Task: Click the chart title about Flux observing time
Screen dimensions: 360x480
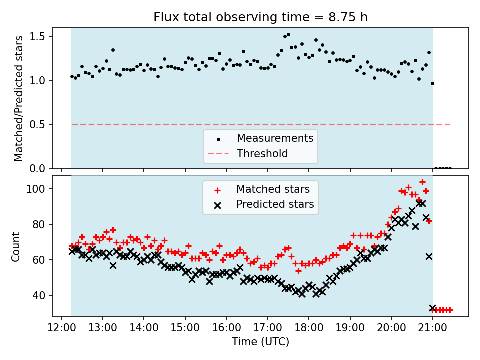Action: pyautogui.click(x=260, y=18)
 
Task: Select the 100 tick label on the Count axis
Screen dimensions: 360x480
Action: pyautogui.click(x=39, y=189)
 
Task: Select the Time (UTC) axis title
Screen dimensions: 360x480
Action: pyautogui.click(x=260, y=342)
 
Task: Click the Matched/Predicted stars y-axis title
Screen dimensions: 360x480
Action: pyautogui.click(x=19, y=98)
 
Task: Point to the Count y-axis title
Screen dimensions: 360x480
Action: pyautogui.click(x=16, y=246)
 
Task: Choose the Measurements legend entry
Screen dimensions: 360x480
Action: pyautogui.click(x=275, y=138)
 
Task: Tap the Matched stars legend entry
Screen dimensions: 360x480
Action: pyautogui.click(x=273, y=189)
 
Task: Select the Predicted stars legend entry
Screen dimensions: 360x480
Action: pyautogui.click(x=275, y=204)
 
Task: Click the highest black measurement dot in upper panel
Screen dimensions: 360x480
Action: pyautogui.click(x=288, y=35)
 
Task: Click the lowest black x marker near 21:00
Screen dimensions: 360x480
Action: pyautogui.click(x=433, y=308)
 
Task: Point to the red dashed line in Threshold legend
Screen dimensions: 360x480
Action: pyautogui.click(x=218, y=153)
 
